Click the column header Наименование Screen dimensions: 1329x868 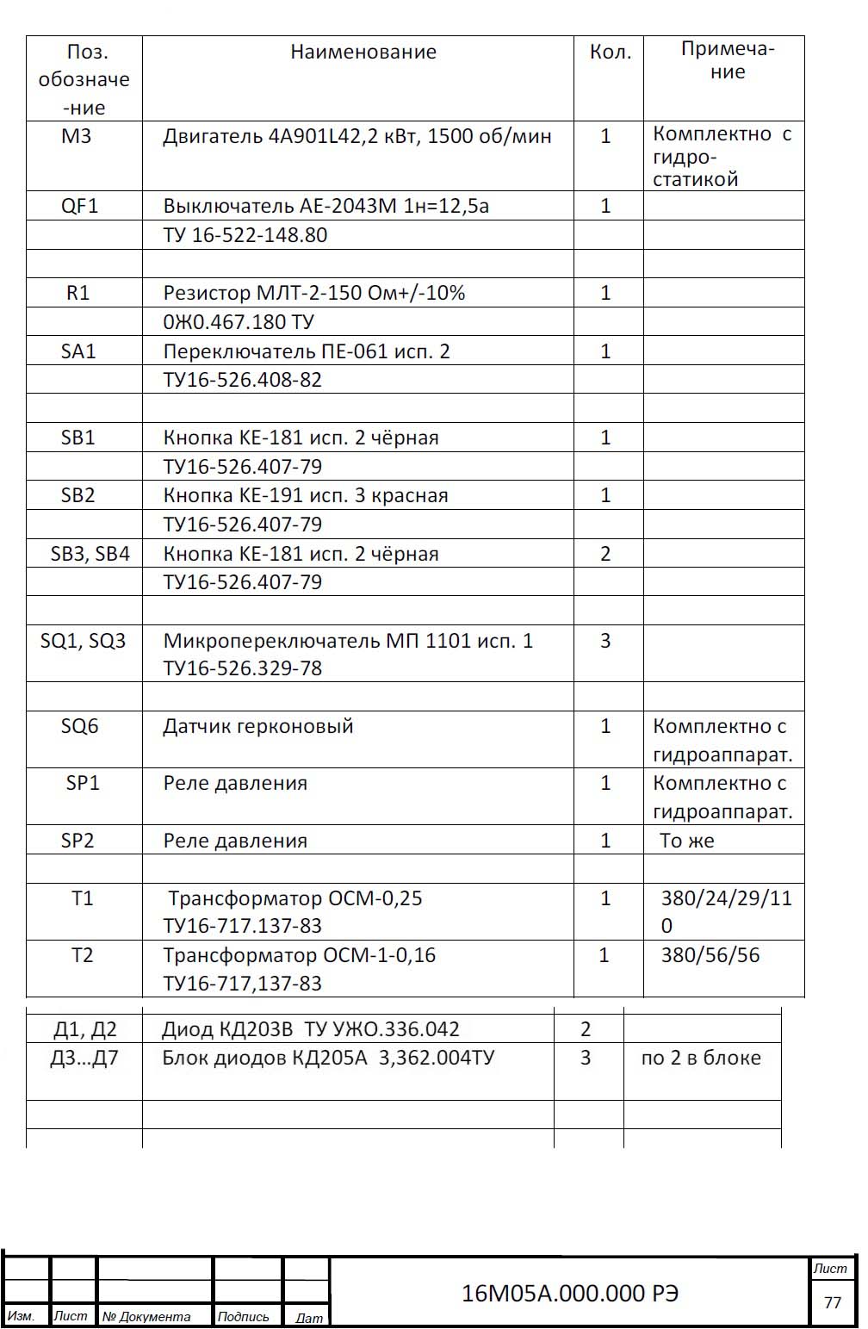(x=363, y=53)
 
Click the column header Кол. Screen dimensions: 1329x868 (x=610, y=53)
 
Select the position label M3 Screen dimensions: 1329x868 (x=76, y=136)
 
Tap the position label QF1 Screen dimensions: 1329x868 (x=79, y=206)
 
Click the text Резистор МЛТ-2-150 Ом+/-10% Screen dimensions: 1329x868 (x=314, y=293)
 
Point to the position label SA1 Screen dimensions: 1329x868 (x=77, y=351)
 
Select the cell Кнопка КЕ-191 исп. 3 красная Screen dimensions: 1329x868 (x=306, y=495)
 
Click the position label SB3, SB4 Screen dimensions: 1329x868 (x=90, y=554)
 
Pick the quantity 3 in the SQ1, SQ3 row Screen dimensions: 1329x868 (x=605, y=641)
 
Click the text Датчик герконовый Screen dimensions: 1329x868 (x=258, y=726)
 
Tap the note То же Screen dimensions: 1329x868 (x=686, y=841)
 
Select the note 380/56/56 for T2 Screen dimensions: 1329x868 (x=710, y=955)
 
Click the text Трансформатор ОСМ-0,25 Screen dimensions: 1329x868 (x=294, y=898)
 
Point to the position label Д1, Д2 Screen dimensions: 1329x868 (x=85, y=1029)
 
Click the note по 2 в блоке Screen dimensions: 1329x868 (x=701, y=1058)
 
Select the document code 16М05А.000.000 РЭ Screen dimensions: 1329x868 (x=570, y=1293)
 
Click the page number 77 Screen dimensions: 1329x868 (x=832, y=1301)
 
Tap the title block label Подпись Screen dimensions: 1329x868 (x=244, y=1316)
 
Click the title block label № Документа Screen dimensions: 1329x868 (x=146, y=1316)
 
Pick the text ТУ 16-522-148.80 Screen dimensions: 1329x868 (x=245, y=235)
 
